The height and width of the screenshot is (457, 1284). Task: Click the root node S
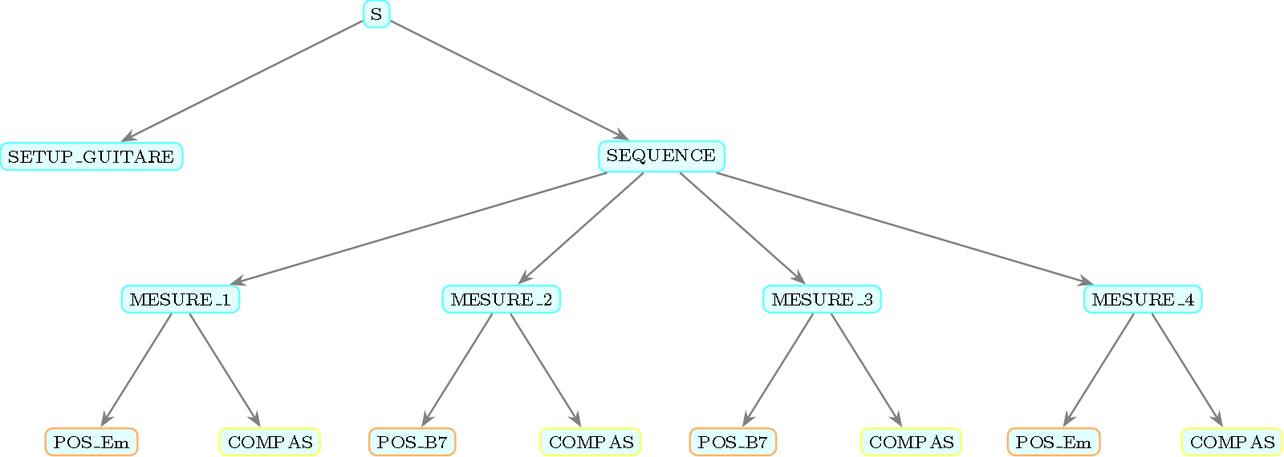[x=376, y=14]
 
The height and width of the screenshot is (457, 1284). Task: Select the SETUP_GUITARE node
[x=91, y=156]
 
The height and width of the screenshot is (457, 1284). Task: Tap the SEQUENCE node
[x=661, y=156]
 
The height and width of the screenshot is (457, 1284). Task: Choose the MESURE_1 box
[x=181, y=300]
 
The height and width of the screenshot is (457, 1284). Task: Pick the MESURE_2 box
[x=502, y=300]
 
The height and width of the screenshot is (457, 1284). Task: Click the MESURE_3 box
[x=822, y=300]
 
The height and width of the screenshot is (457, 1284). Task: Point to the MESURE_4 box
[x=1143, y=300]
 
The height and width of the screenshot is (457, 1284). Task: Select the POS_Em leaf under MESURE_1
[x=91, y=442]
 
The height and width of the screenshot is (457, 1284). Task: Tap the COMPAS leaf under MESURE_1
[x=270, y=442]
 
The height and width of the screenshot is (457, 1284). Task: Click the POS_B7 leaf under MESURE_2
[x=412, y=442]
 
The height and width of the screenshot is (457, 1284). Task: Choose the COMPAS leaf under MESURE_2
[x=591, y=442]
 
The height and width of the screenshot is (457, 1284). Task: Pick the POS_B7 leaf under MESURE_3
[x=733, y=442]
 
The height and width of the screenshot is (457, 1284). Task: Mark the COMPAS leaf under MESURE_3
[x=911, y=442]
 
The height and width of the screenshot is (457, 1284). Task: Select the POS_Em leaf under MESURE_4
[x=1054, y=442]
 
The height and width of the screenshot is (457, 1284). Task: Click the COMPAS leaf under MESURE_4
[x=1232, y=442]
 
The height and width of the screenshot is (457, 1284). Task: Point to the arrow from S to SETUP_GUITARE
[x=245, y=81]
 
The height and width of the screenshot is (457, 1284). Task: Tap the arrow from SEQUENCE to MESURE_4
[x=903, y=228]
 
